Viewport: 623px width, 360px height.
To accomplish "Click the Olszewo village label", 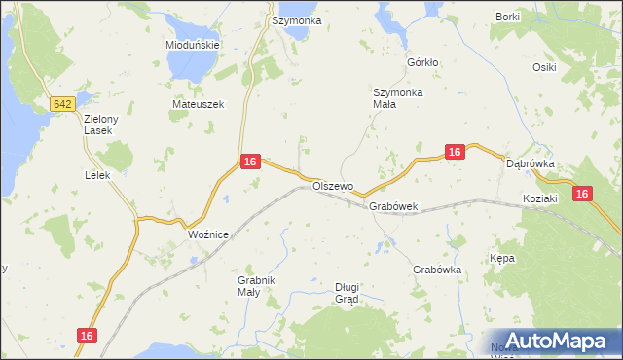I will (x=333, y=185).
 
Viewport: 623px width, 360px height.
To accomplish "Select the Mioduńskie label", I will (x=193, y=45).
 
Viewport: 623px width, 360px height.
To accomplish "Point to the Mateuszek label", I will (x=198, y=104).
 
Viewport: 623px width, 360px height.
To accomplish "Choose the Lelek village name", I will (x=97, y=175).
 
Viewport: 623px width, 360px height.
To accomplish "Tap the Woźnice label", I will (x=207, y=234).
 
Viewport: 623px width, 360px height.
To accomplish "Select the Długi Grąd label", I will (x=347, y=292).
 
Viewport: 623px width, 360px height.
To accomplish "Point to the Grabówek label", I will (x=393, y=206).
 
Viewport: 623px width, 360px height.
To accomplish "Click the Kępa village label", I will (x=502, y=259).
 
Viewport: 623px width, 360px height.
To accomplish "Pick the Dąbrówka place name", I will (x=531, y=164).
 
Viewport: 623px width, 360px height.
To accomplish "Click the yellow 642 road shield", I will (x=62, y=104).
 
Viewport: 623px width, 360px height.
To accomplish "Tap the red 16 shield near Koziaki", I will (x=582, y=195).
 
